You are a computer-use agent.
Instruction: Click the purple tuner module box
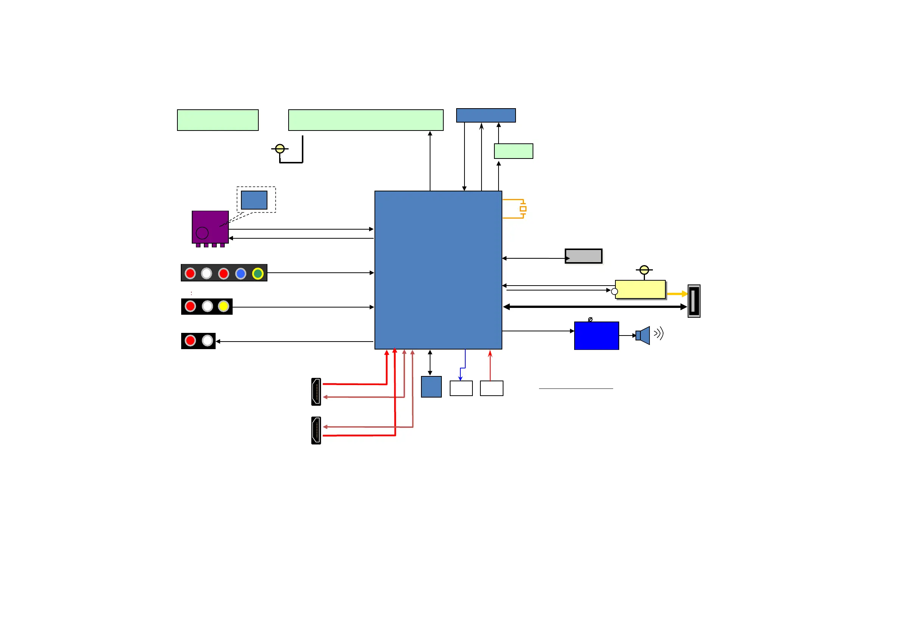pos(210,227)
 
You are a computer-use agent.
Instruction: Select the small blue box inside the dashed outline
pos(254,200)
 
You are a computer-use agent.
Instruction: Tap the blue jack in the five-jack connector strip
pos(241,273)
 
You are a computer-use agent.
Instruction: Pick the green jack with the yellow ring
pos(258,273)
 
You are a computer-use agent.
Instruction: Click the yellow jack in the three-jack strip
pos(223,306)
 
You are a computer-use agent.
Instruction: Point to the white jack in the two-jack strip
pos(207,340)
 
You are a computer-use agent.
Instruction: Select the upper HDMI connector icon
pos(316,392)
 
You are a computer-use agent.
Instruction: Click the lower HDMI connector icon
pos(316,430)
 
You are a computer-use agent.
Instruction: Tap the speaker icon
pos(643,335)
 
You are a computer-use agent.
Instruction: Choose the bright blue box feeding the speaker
pos(597,336)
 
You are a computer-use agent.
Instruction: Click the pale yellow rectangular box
pos(640,289)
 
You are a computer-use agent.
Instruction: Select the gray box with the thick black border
pos(584,256)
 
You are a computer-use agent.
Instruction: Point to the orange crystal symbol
pos(523,209)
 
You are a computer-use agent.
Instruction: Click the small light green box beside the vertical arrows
pos(513,151)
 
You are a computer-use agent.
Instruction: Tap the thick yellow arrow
pos(677,294)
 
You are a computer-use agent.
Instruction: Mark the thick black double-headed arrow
pos(595,307)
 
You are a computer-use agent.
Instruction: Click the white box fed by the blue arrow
pos(461,388)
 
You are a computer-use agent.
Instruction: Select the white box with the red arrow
pos(491,388)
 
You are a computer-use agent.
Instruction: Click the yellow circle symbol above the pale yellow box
pos(644,270)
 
